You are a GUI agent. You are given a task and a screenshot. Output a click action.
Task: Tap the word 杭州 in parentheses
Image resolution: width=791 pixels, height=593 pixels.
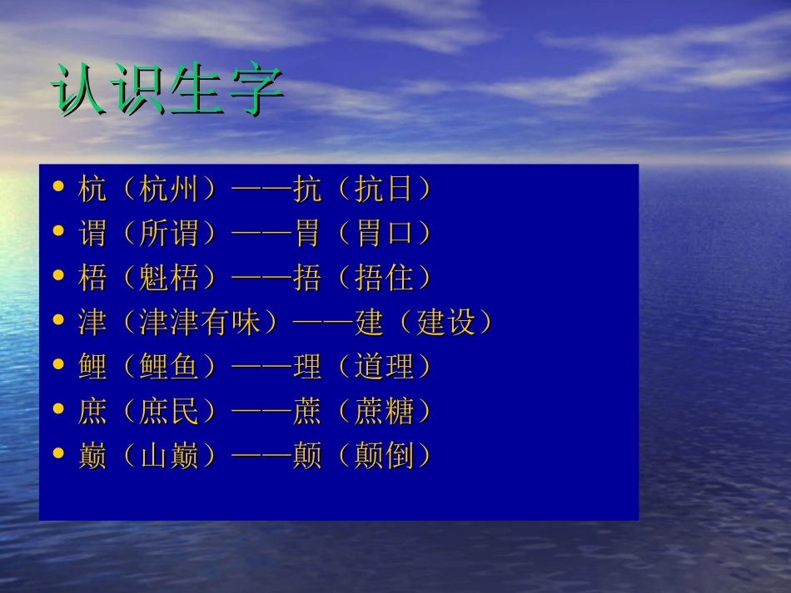pyautogui.click(x=170, y=190)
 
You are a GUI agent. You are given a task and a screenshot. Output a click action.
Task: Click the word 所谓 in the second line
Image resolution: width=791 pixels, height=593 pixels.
pyautogui.click(x=170, y=235)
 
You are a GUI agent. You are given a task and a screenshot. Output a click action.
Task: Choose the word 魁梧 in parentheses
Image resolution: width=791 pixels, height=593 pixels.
pyautogui.click(x=170, y=279)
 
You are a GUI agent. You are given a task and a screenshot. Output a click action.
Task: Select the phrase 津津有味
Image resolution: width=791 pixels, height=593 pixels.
pyautogui.click(x=201, y=323)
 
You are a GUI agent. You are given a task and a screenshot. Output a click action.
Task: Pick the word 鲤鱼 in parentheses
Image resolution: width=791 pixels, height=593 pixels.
pyautogui.click(x=170, y=367)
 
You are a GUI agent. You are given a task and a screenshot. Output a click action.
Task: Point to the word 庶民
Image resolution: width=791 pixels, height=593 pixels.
pyautogui.click(x=170, y=412)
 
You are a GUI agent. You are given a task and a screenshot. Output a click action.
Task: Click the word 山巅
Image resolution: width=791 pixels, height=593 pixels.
pyautogui.click(x=170, y=456)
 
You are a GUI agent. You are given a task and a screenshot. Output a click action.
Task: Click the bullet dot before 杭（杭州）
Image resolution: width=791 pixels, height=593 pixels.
pyautogui.click(x=58, y=188)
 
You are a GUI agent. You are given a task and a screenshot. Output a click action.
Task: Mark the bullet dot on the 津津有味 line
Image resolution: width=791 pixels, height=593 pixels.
pyautogui.click(x=58, y=320)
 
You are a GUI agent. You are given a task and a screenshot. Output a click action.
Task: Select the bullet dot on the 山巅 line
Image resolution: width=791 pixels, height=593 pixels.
pyautogui.click(x=58, y=453)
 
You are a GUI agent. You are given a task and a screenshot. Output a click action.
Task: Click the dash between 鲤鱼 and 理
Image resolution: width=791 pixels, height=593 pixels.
pyautogui.click(x=261, y=367)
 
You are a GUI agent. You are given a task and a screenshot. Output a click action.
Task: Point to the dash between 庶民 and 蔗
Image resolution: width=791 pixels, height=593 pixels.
pyautogui.click(x=261, y=412)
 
